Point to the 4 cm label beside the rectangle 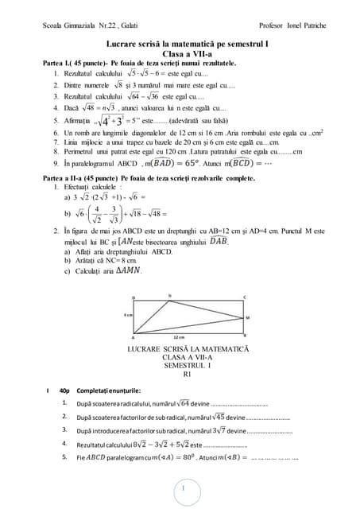coord(128,315)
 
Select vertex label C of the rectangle coord(244,298)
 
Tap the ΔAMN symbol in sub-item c coord(127,270)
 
